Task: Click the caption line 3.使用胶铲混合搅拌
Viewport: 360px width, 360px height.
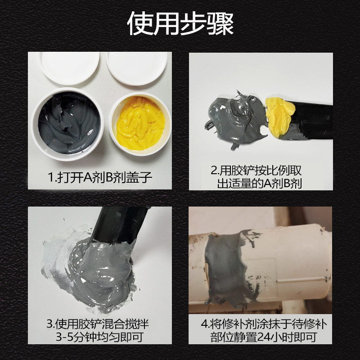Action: click(x=98, y=324)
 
